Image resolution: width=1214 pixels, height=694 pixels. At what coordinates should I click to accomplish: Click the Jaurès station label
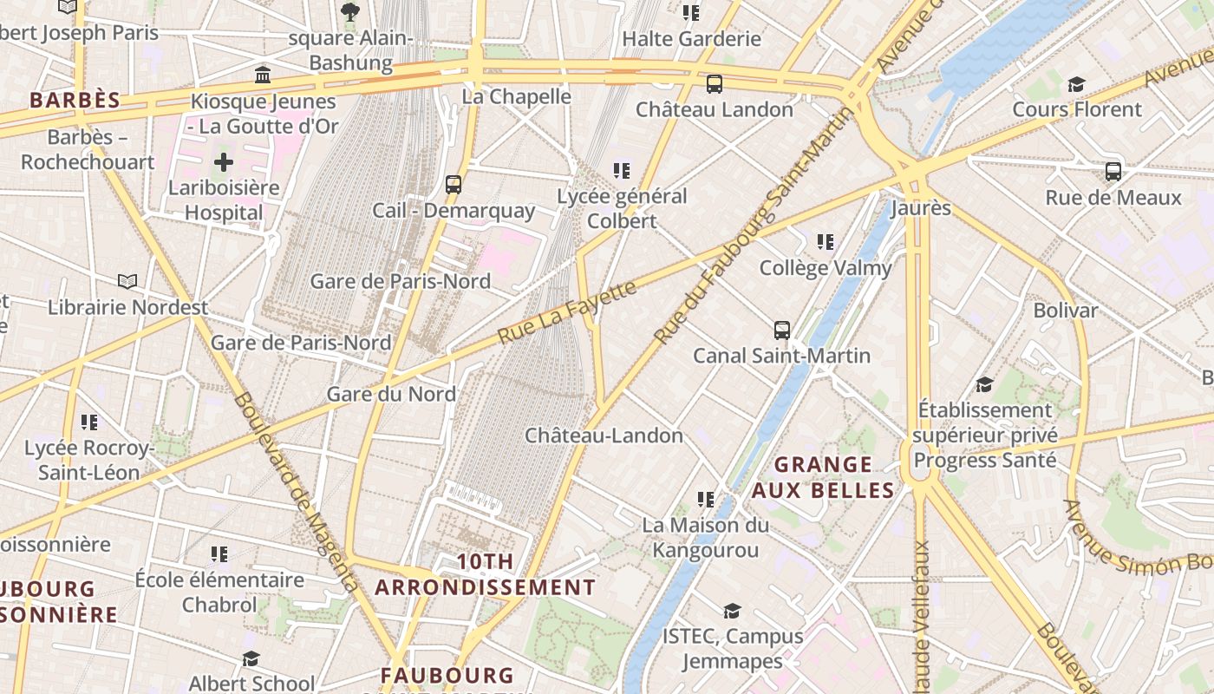921,208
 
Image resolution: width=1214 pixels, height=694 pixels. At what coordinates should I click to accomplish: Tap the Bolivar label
1065,310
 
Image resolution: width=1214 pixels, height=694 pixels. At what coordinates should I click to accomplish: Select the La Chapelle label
516,96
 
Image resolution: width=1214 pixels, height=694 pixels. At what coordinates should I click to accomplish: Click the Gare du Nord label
390,394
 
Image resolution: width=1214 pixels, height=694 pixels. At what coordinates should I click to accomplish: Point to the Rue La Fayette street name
568,312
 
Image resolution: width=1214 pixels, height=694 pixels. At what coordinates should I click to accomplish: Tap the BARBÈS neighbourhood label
75,100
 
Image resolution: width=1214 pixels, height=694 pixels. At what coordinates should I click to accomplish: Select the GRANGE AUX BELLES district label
822,477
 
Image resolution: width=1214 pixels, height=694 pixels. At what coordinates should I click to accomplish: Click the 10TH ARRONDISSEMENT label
485,574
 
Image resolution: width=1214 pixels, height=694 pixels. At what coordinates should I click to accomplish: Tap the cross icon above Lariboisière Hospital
224,162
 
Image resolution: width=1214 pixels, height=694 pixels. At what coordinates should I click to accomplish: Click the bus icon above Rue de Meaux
1113,172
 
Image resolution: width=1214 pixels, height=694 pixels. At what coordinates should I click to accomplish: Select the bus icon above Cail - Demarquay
454,185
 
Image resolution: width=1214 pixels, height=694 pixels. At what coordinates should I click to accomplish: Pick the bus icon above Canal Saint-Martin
782,330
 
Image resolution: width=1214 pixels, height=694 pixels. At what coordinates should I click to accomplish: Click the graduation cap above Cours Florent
1076,84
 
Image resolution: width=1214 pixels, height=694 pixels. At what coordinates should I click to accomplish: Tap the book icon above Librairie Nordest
127,281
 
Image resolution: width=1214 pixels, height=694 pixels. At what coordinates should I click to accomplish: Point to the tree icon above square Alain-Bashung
350,12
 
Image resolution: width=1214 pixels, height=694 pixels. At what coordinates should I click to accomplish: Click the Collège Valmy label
825,268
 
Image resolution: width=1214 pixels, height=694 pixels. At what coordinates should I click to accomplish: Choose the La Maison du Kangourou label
705,537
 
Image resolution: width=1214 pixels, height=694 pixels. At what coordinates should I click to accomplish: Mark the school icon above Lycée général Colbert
622,171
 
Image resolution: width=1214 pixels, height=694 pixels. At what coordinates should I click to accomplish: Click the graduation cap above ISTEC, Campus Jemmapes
733,612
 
